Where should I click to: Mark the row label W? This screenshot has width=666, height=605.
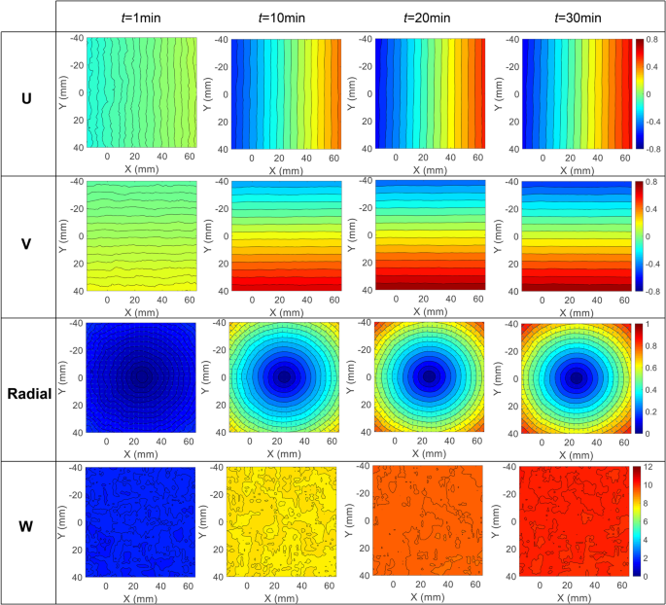coord(27,529)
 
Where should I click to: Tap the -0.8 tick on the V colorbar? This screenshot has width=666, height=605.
coord(650,289)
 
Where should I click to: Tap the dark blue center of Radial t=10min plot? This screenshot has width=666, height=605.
coord(283,377)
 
